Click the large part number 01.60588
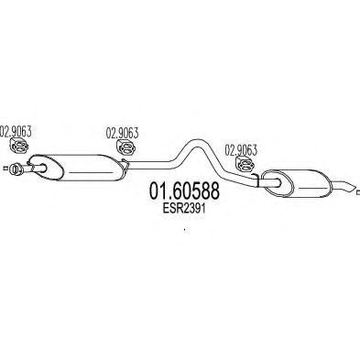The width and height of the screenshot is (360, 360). [184, 191]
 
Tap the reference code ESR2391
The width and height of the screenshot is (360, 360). [184, 209]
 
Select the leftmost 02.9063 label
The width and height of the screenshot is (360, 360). [16, 131]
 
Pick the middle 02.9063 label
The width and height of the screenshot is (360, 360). [122, 133]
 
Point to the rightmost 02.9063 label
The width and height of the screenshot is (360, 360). [241, 150]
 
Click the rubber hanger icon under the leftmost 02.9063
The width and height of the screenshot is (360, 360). [19, 146]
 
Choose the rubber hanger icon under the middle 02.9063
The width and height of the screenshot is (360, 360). [126, 147]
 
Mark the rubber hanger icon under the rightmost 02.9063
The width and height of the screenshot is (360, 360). [245, 164]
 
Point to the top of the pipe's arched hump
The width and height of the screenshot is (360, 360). [193, 141]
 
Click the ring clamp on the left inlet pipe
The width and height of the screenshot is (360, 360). [15, 169]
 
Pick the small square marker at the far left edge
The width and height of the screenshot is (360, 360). [5, 168]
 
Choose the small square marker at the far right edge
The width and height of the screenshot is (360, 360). [358, 192]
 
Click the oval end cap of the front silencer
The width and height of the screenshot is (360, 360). [47, 167]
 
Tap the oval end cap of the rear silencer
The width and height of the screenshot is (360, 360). [278, 183]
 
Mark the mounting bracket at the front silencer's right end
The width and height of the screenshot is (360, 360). [125, 164]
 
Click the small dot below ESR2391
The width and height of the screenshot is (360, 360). [184, 229]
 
